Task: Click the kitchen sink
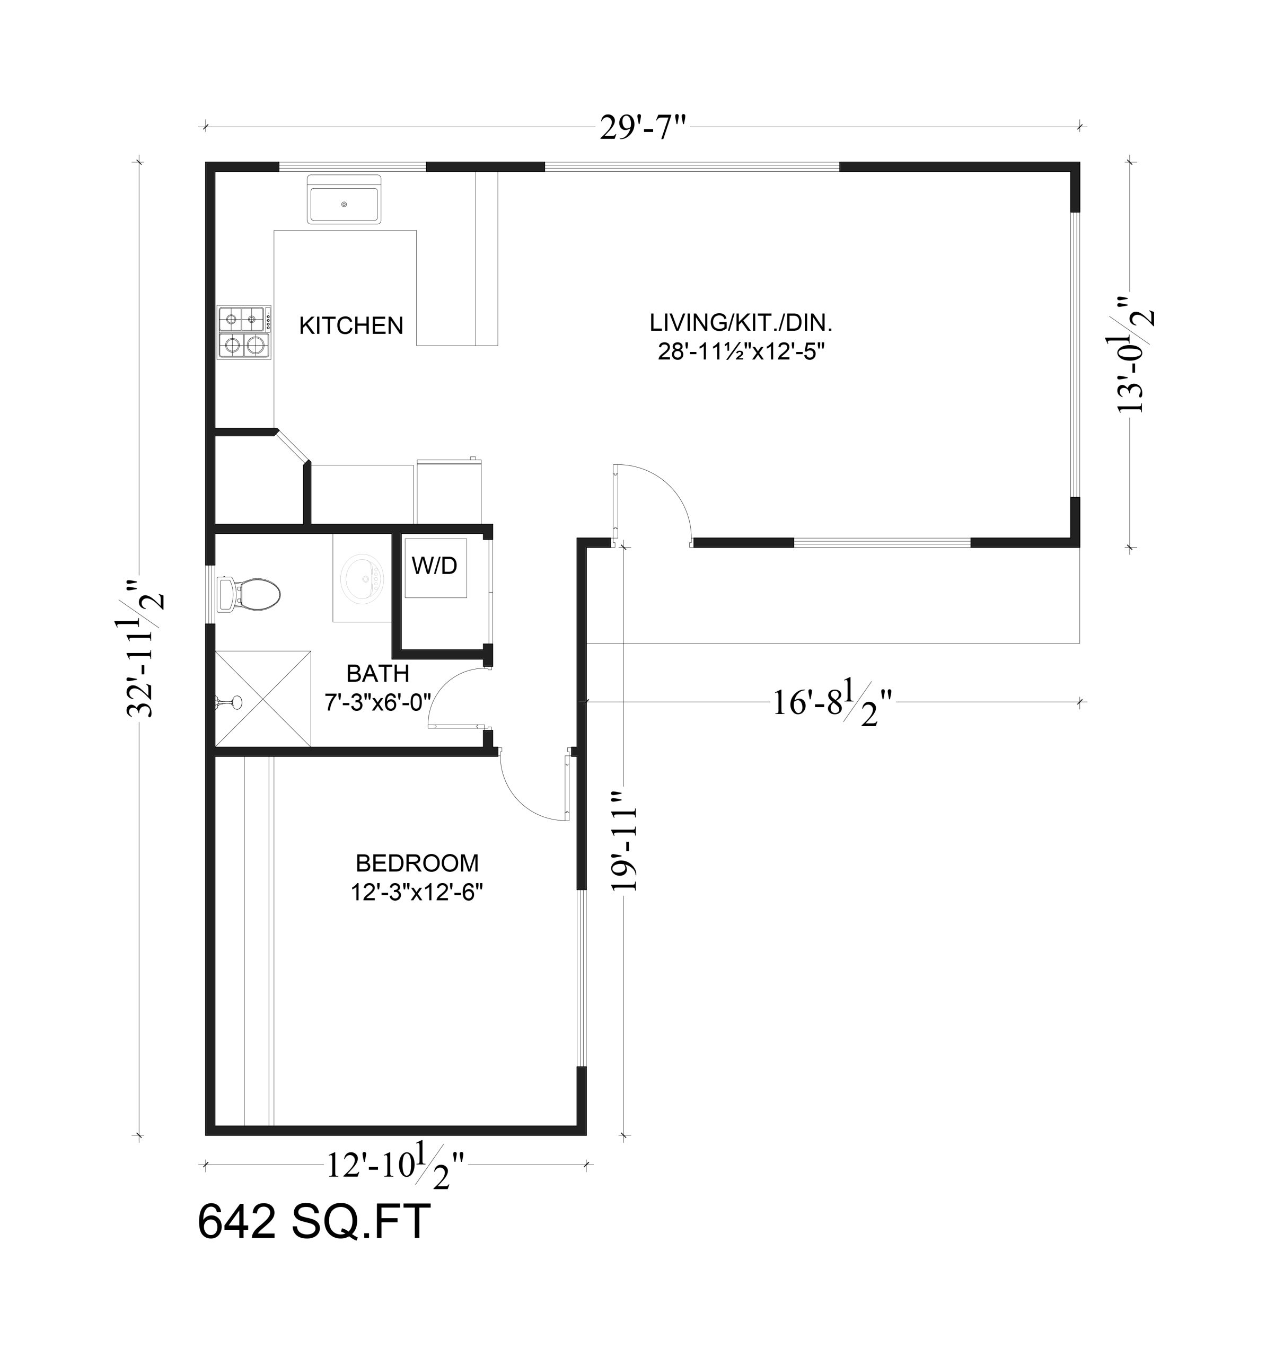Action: coord(344,199)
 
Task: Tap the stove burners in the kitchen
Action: coord(244,332)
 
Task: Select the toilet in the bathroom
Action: coord(248,594)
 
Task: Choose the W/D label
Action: coord(434,565)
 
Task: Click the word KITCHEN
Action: coord(351,325)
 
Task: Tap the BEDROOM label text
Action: coord(417,863)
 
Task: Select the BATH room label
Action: coord(377,674)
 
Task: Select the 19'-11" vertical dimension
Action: coord(624,840)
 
